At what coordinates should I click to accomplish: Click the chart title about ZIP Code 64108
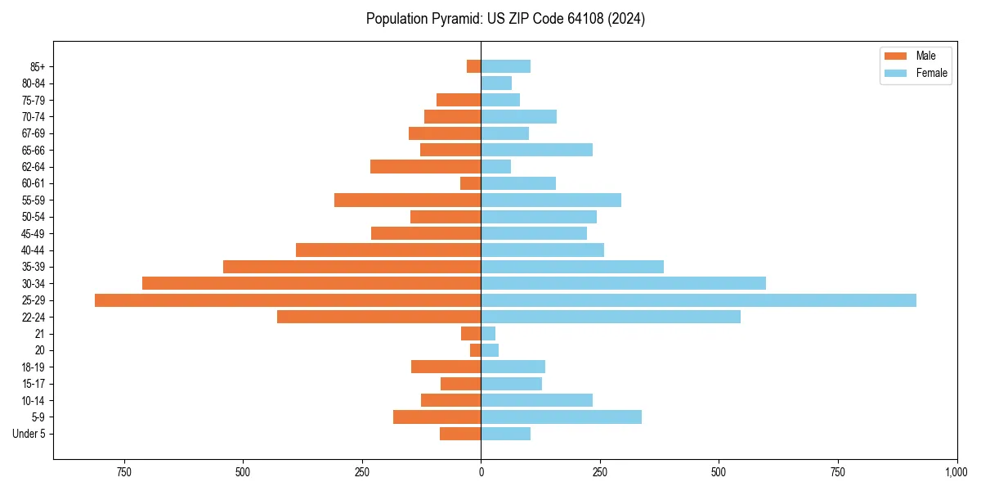505,19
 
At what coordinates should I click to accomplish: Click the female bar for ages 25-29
698,300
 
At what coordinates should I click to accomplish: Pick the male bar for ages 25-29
288,300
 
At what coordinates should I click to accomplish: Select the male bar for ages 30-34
311,283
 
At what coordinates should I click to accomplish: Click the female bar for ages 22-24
611,317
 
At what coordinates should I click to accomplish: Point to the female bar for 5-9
561,417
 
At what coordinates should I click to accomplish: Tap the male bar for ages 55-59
407,200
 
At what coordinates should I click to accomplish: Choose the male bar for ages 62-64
425,166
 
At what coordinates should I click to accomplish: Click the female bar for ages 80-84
496,83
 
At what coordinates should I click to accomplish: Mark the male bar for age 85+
473,66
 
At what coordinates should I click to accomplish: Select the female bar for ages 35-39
572,267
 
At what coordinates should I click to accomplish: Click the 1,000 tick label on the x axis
956,472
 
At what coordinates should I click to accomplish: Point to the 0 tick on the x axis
481,472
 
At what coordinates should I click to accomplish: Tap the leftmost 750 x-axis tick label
123,472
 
